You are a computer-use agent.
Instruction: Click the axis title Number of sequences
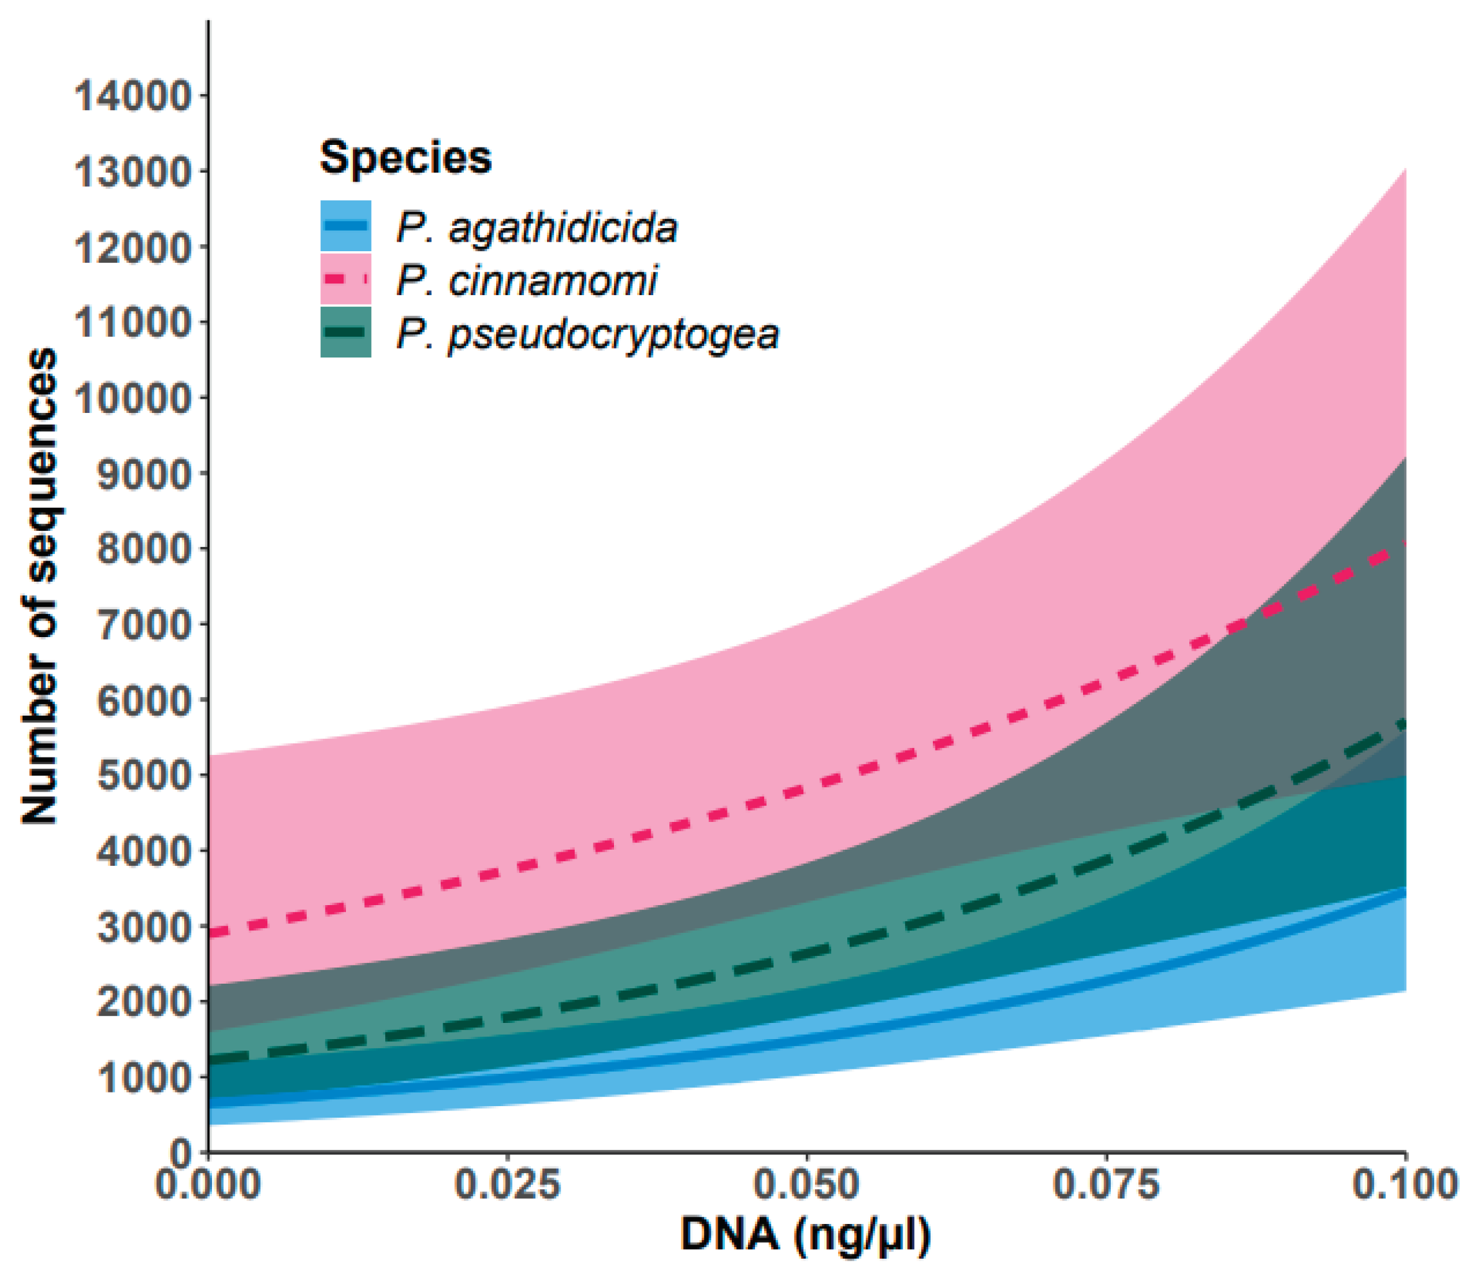tap(40, 586)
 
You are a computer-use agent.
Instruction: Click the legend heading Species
tap(406, 157)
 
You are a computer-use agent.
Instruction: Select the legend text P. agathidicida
tap(536, 228)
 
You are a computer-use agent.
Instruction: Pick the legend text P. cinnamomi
tap(526, 280)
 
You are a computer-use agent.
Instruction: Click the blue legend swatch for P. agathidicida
tap(346, 225)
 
